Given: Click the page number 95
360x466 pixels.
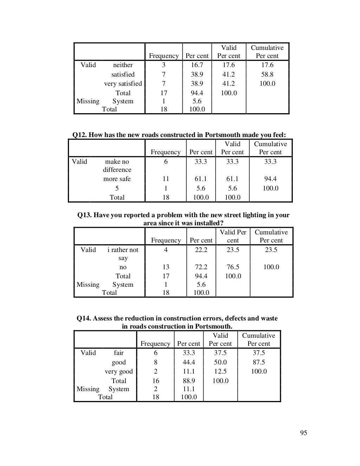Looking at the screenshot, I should point(303,433).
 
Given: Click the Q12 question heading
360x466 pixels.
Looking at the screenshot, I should point(179,135).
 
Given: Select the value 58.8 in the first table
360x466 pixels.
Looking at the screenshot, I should point(267,75).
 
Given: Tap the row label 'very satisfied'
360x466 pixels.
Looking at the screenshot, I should point(123,84).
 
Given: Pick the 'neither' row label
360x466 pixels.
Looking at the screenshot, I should point(123,65).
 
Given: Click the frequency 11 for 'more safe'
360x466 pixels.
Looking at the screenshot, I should point(166,179).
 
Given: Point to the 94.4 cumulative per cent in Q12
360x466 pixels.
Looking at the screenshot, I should point(270,179).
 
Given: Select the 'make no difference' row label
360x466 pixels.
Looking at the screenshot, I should point(117,166).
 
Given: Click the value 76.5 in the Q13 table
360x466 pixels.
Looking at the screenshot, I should point(233,267).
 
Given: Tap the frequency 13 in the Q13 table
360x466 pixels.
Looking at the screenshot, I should point(166,267).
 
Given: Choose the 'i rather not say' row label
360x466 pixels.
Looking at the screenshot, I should point(123,254).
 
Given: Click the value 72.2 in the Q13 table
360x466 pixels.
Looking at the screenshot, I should point(201,267).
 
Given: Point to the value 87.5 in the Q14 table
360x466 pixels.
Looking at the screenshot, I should point(259,362).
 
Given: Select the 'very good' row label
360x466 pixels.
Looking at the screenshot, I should point(119,371).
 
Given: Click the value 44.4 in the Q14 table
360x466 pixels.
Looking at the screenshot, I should point(189,362).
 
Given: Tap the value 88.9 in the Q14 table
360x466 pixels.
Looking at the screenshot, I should point(189,381).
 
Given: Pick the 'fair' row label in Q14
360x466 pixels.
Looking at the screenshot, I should point(119,353).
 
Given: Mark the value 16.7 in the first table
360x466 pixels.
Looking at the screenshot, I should point(197,65).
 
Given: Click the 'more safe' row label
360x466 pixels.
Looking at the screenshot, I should point(117,179).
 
